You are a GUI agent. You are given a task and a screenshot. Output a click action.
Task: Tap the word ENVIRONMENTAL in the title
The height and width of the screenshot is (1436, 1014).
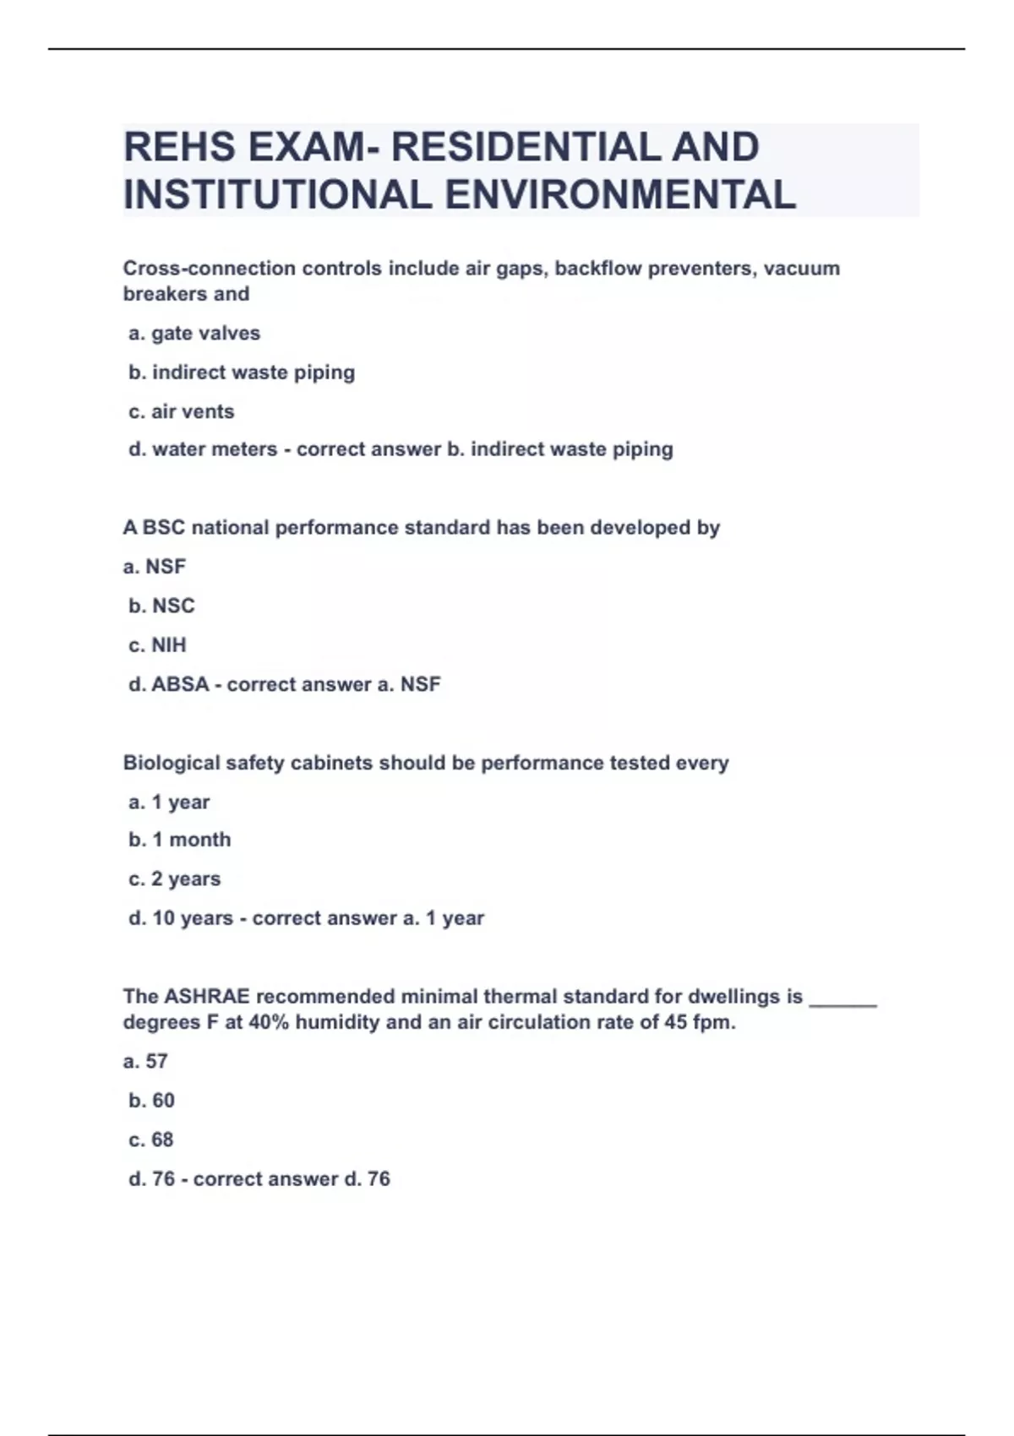(x=620, y=194)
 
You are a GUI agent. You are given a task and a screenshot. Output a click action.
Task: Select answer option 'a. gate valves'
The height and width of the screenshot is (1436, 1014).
(x=194, y=334)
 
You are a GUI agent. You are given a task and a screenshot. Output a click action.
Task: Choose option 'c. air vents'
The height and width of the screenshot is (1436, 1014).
(x=181, y=412)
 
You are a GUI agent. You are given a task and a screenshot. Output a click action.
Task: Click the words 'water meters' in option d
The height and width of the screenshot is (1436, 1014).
(x=215, y=449)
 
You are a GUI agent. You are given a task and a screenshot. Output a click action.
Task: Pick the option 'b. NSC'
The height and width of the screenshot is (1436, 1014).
(x=161, y=606)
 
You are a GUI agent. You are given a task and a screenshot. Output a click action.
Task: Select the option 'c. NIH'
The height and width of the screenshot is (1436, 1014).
(x=157, y=645)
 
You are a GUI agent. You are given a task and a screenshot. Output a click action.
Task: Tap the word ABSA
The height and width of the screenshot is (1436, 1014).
(x=180, y=684)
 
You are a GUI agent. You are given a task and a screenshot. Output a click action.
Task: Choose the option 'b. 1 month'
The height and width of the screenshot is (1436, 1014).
(x=179, y=840)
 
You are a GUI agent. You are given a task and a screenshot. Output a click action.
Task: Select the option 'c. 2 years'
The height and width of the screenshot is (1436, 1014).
(x=174, y=879)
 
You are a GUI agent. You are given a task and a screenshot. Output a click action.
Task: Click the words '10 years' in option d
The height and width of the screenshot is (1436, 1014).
(x=193, y=918)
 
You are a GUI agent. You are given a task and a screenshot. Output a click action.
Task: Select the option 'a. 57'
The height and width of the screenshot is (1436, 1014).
(x=145, y=1062)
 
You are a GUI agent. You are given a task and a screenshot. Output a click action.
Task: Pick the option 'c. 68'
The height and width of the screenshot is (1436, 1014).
(x=150, y=1140)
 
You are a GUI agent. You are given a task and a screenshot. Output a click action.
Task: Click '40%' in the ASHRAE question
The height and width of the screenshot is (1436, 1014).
(x=269, y=1023)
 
